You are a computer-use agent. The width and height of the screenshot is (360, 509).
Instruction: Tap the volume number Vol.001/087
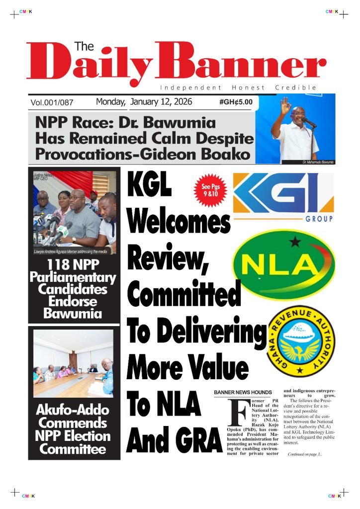[x=52, y=103]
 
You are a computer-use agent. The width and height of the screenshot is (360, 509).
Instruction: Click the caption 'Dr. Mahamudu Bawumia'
[x=318, y=163]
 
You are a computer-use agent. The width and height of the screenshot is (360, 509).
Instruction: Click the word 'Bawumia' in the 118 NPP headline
[x=74, y=314]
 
